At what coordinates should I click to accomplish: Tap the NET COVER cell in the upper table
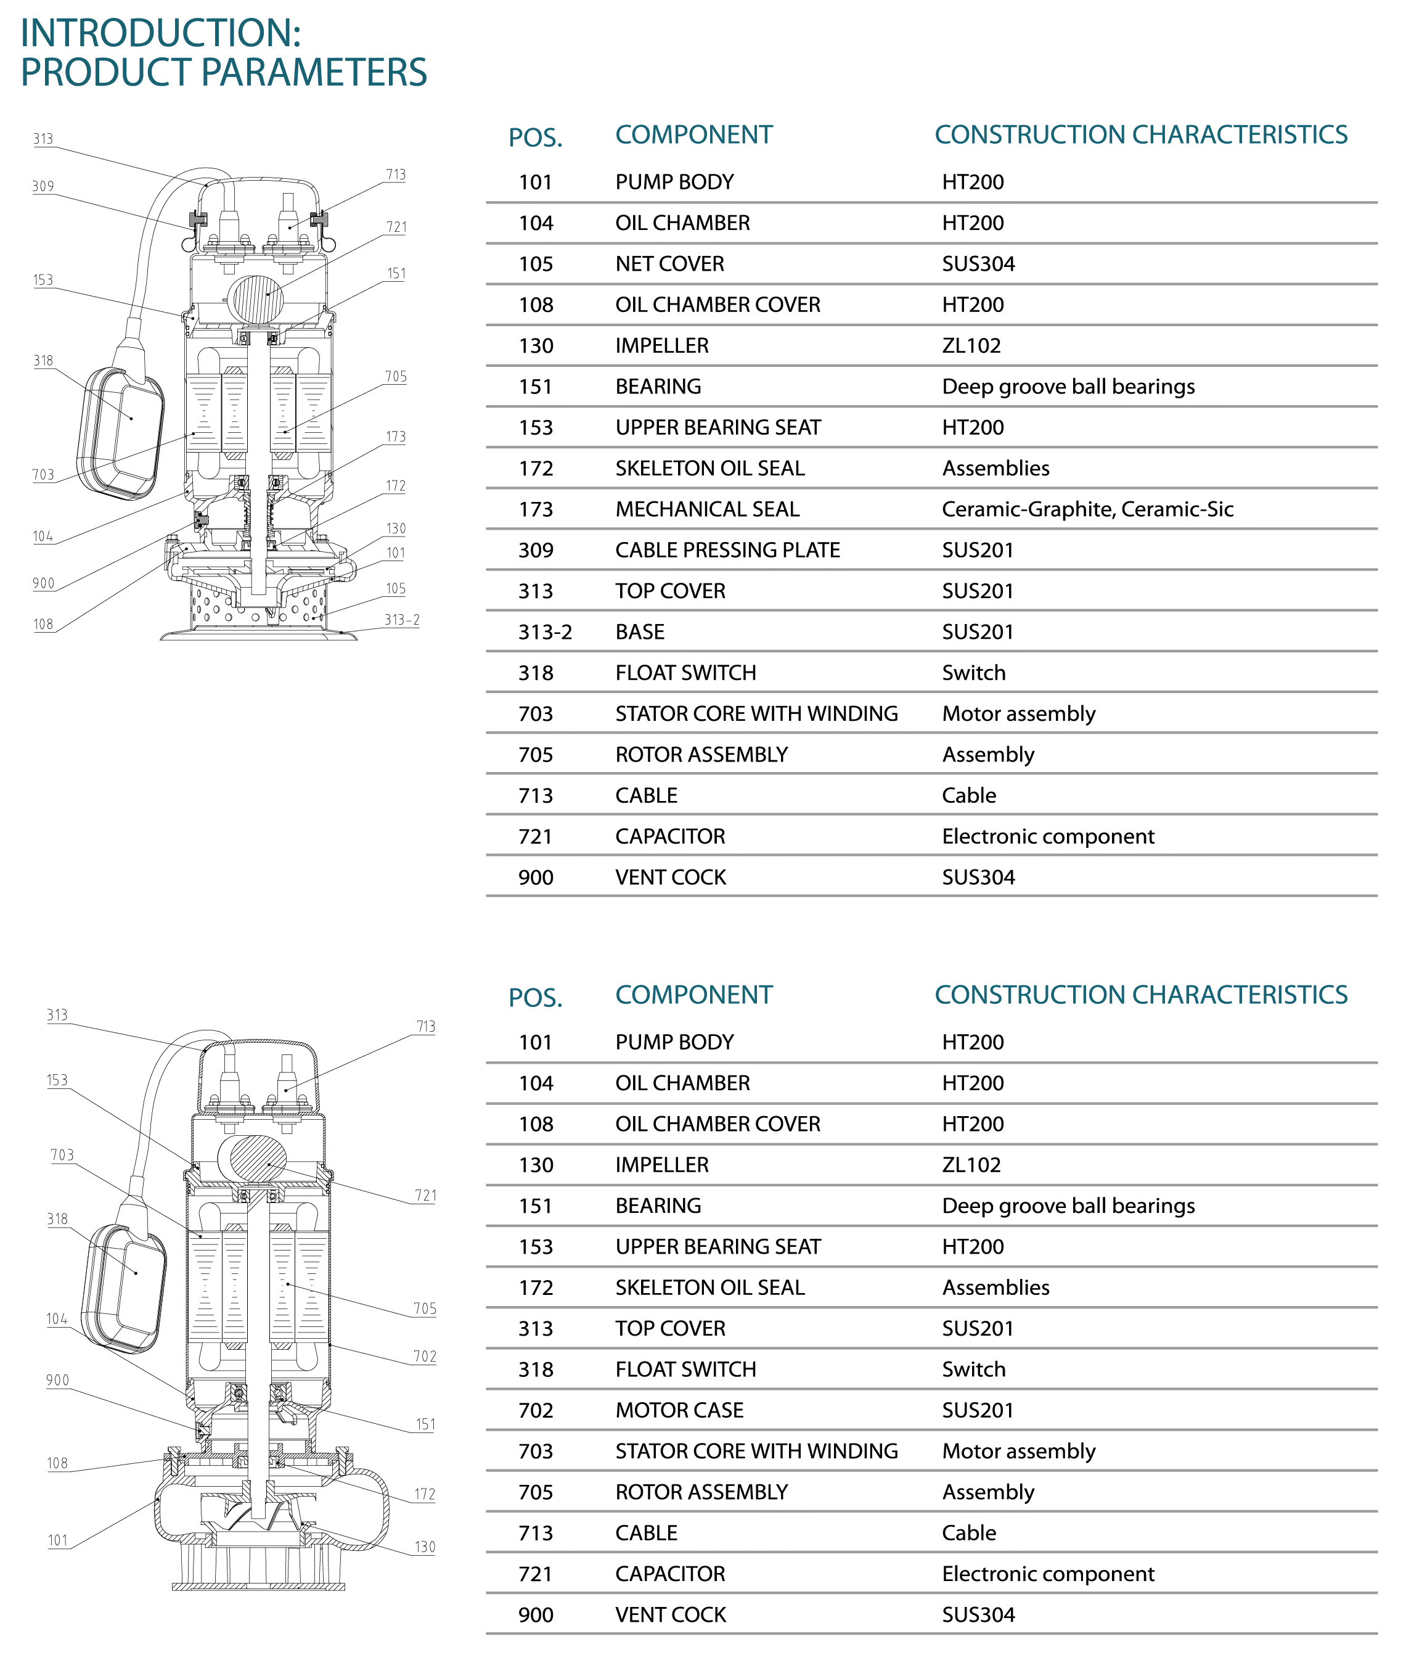669,264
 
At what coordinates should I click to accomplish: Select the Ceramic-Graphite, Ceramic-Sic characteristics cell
1087,509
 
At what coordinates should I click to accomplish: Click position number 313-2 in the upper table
545,632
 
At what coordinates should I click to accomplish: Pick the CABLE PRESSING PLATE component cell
728,550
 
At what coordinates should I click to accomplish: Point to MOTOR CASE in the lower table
679,1410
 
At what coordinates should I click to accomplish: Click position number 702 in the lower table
536,1410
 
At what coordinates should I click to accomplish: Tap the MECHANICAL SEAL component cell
707,509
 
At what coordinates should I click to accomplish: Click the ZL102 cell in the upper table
971,346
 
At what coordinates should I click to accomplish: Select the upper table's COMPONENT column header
693,135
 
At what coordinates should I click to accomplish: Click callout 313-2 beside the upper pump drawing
402,620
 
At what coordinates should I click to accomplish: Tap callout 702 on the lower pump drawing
425,1356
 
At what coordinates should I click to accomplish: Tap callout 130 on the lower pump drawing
425,1547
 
